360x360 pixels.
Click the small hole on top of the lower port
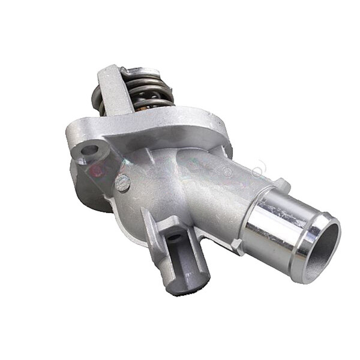(175, 238)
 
